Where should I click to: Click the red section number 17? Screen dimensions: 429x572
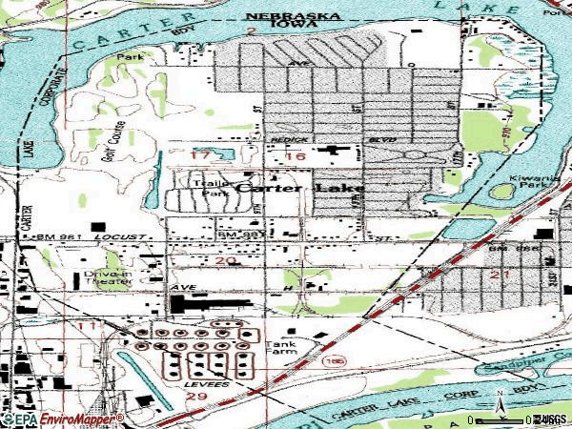coord(199,154)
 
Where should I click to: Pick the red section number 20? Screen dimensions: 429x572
coord(225,260)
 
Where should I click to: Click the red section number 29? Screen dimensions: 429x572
coord(198,395)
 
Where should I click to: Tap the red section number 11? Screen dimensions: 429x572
coord(89,327)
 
